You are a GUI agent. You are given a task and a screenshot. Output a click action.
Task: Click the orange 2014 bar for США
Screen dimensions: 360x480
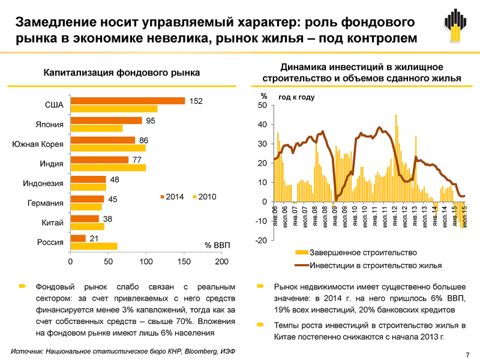coord(127,101)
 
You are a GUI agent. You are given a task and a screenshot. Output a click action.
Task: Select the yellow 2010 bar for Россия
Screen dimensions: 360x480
coord(94,246)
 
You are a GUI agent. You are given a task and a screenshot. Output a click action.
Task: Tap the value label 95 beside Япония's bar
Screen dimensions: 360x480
coord(151,121)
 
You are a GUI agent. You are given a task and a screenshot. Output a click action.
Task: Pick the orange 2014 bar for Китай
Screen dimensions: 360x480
coord(84,218)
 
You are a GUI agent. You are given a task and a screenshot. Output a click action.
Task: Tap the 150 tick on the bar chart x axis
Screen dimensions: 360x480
coord(184,262)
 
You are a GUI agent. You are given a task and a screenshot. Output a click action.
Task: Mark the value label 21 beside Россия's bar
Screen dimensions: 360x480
coord(94,238)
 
